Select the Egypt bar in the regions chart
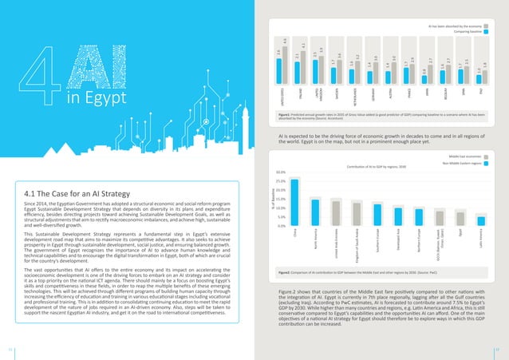point(460,218)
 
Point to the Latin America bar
point(481,220)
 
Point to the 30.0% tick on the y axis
point(280,172)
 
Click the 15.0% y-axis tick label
point(280,199)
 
